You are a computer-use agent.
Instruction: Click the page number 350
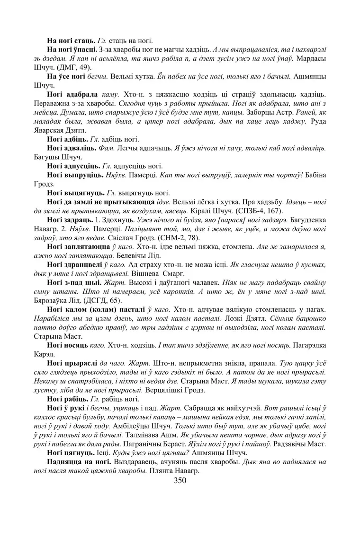click(x=180, y=481)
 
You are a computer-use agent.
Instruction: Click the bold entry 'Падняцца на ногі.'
click(x=80, y=462)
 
